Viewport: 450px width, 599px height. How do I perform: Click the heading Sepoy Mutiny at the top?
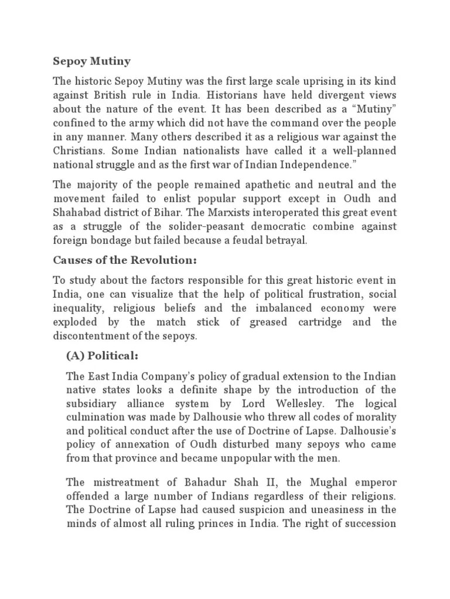(x=91, y=60)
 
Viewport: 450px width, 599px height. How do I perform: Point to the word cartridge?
(x=326, y=322)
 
